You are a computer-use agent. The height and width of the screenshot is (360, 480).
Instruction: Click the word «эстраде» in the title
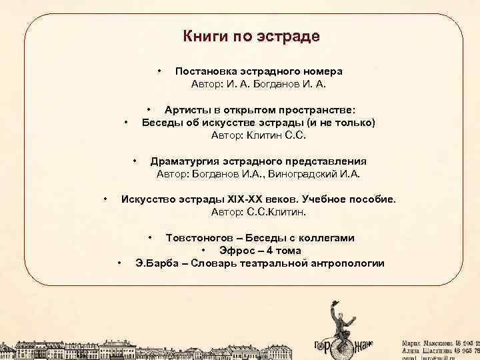tap(290, 36)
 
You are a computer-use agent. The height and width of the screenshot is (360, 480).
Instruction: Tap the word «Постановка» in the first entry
tap(203, 71)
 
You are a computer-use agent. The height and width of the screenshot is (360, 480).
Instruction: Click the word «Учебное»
tap(325, 199)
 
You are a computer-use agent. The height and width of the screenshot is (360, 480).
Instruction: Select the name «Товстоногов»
tap(201, 237)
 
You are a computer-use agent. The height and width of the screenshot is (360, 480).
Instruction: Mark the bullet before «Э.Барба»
tap(119, 263)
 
